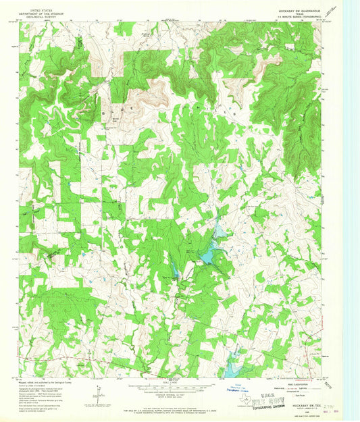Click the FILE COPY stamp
click(x=279, y=391)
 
